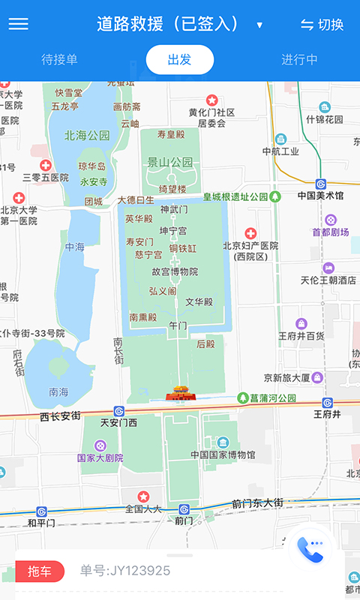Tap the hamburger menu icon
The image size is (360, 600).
[18, 24]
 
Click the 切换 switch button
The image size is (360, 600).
[322, 25]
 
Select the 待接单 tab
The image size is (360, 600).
[59, 60]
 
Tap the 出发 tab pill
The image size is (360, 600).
[179, 60]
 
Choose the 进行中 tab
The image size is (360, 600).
[299, 60]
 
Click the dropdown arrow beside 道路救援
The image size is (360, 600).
[259, 25]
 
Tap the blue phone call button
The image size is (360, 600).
[310, 547]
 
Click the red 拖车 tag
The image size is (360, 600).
[40, 571]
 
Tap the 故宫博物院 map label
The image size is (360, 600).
[175, 271]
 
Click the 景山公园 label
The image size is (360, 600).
[169, 161]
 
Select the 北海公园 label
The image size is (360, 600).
[87, 136]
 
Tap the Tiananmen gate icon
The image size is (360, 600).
[179, 392]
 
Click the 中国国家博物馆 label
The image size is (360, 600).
[223, 454]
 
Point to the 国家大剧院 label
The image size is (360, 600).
[100, 457]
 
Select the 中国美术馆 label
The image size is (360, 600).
[320, 196]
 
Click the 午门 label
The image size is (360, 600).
[178, 326]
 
